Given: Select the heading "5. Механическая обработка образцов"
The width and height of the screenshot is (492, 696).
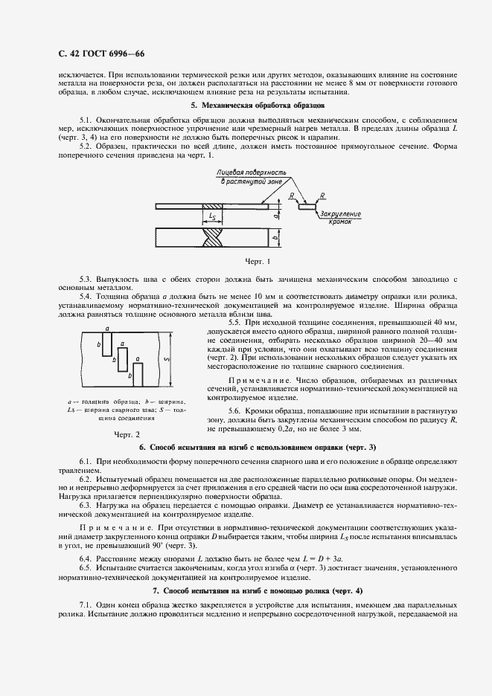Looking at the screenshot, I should click(246, 106).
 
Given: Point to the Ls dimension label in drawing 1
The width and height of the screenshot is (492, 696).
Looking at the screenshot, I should click(214, 216).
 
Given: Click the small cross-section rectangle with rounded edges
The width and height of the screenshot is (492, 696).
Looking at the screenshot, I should click(307, 207).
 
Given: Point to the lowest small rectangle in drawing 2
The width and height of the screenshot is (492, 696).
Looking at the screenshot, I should click(138, 375).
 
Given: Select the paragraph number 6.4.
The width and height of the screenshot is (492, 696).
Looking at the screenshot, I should click(87, 557).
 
